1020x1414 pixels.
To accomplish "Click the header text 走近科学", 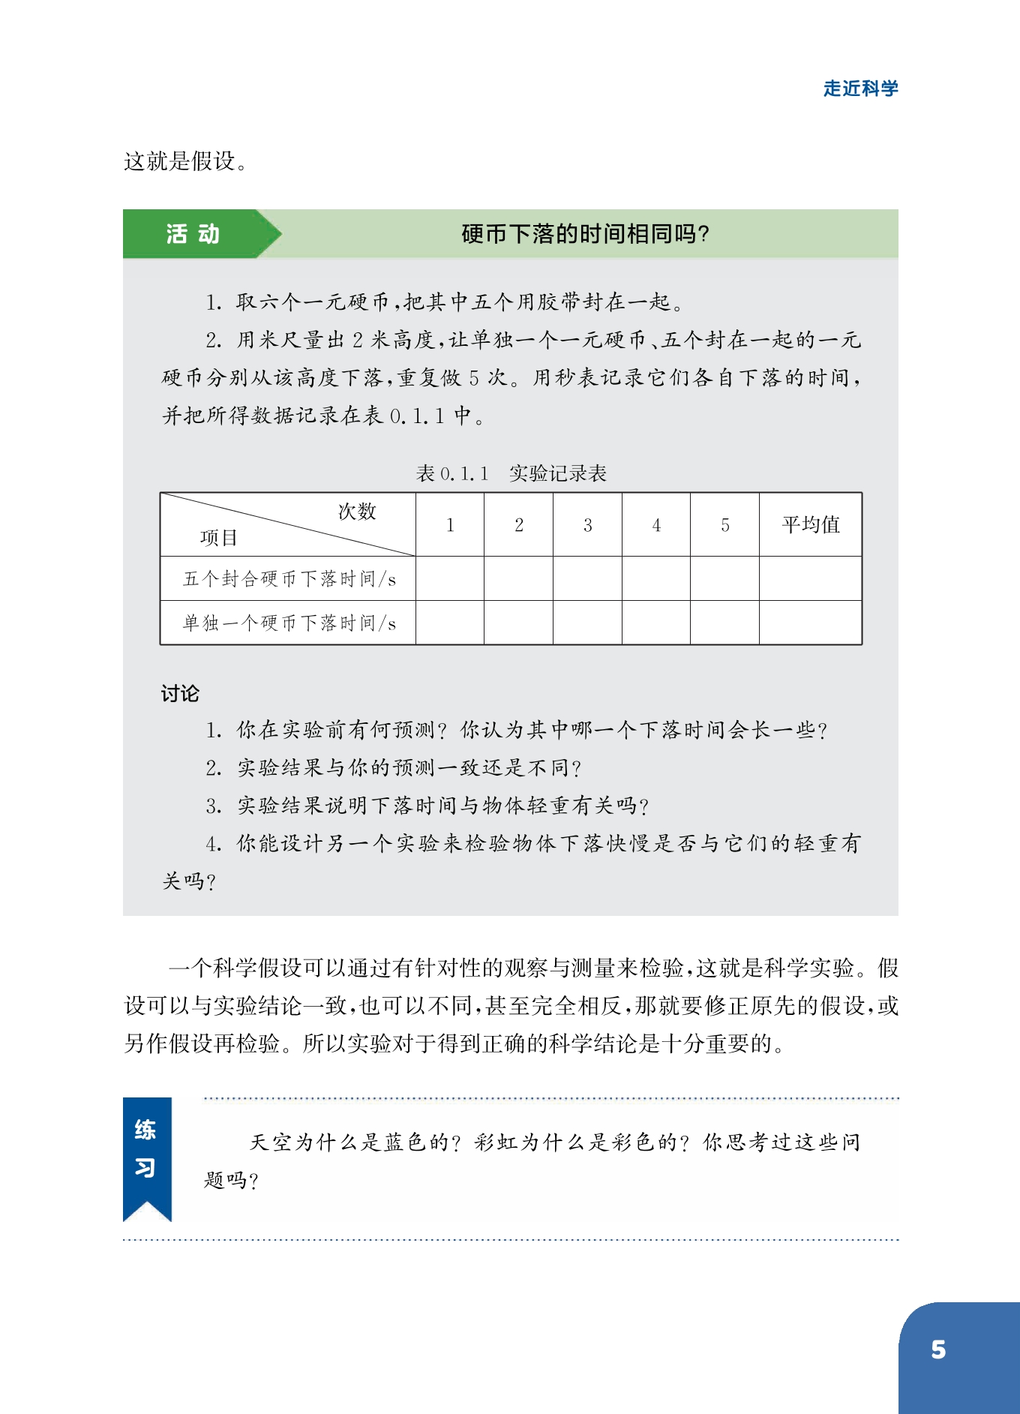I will coord(860,89).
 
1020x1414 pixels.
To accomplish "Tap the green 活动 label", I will coord(193,234).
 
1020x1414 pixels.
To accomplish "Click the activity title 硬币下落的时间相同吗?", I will coord(585,234).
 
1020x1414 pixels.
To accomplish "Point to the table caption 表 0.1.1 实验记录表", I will coord(511,473).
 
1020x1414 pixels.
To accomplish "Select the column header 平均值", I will coord(810,524).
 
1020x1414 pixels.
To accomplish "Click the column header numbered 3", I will coord(587,525).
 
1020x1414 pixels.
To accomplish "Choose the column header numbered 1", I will coord(450,525).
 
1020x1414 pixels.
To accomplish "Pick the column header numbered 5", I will coord(724,525).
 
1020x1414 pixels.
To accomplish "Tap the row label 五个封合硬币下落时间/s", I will coord(289,578).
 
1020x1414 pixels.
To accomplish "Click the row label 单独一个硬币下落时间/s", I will coord(289,623).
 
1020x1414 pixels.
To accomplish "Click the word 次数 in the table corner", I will coord(357,512).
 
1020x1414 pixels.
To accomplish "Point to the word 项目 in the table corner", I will coord(218,537).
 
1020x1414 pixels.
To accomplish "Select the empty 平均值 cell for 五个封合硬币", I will coord(810,578).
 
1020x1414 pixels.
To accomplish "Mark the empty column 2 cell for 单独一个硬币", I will coord(518,623).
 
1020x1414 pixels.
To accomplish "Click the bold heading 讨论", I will coord(180,693).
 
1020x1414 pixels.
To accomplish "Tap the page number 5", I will coord(938,1350).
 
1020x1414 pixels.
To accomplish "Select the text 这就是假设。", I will coord(185,161).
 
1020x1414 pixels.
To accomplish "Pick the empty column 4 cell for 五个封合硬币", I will coord(656,578).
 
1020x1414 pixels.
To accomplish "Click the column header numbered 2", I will coord(518,525).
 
